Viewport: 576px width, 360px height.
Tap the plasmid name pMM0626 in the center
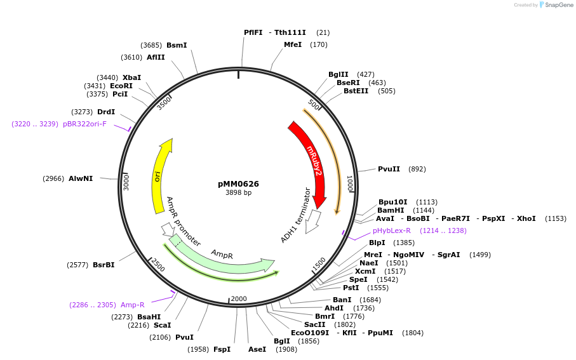(x=238, y=184)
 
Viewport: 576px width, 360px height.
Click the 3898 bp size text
(x=238, y=193)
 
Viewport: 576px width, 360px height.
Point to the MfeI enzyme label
(x=293, y=44)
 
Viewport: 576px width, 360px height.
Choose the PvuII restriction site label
(x=389, y=169)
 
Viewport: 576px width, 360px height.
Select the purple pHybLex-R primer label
(x=391, y=231)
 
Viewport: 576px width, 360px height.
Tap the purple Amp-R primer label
(x=133, y=305)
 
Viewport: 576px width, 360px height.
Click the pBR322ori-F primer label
(x=84, y=124)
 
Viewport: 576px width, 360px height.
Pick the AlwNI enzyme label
(x=81, y=178)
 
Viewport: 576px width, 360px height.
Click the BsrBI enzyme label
(x=104, y=265)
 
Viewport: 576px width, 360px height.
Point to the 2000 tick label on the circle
(x=239, y=299)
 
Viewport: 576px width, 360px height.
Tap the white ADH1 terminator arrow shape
(x=312, y=222)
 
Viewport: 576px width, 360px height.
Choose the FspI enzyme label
(x=222, y=349)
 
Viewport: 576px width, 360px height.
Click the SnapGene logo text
(x=556, y=5)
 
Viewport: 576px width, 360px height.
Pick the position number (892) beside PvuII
(x=417, y=169)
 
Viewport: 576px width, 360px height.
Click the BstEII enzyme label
(x=356, y=91)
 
